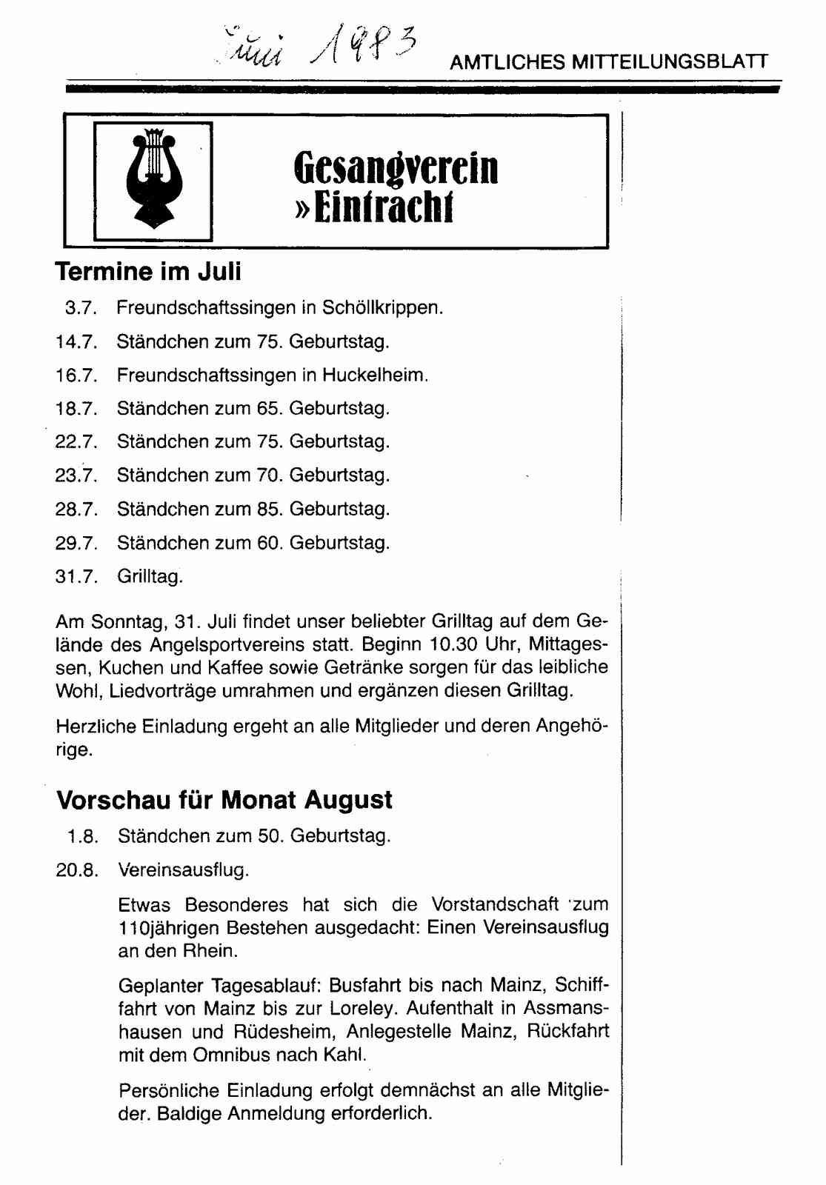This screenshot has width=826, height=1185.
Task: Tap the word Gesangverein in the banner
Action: (x=396, y=168)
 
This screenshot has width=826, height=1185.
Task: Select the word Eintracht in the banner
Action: (x=383, y=208)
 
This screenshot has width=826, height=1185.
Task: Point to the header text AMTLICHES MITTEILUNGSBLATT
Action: (x=609, y=62)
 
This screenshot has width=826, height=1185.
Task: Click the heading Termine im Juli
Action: (x=148, y=272)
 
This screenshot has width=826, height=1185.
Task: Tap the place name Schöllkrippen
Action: (x=382, y=308)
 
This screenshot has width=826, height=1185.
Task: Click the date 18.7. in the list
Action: (x=76, y=409)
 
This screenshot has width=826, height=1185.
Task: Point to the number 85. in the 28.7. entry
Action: (x=270, y=510)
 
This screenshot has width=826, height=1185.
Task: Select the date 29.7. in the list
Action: (x=76, y=544)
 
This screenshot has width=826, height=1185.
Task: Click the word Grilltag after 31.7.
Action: (x=150, y=577)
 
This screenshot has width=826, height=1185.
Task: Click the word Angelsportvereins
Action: (x=250, y=645)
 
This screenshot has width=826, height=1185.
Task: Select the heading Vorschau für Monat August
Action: (x=224, y=801)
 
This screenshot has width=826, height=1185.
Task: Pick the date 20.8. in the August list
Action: (x=77, y=870)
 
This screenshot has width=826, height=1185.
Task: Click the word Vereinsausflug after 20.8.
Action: (x=183, y=870)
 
